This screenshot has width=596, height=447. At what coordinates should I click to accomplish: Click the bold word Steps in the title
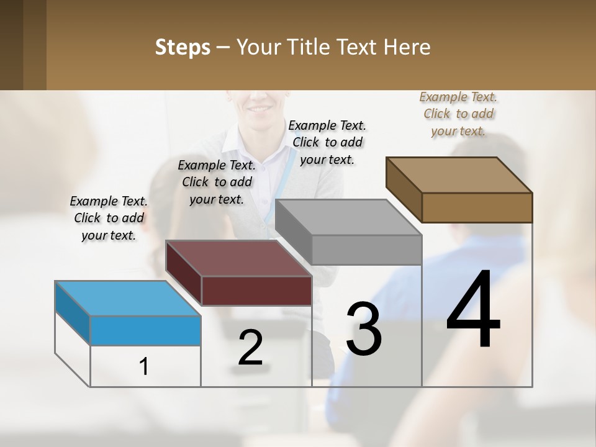(x=182, y=47)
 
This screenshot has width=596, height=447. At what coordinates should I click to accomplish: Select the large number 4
(x=473, y=310)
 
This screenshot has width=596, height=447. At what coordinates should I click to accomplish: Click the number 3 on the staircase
(x=364, y=328)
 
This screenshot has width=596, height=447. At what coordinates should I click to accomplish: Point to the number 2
(x=251, y=348)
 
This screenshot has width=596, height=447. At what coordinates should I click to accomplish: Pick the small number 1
(x=143, y=367)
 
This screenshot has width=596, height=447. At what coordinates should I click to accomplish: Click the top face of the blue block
(x=127, y=299)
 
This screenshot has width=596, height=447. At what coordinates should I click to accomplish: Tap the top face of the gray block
(x=348, y=217)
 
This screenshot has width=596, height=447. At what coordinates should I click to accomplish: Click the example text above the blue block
(x=109, y=218)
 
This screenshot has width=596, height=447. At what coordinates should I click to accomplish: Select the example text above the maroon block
(x=217, y=182)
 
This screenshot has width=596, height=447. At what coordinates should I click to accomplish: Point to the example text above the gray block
(x=327, y=142)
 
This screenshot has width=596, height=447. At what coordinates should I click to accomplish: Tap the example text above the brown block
(x=458, y=114)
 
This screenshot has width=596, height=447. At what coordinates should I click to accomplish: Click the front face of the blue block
(x=146, y=330)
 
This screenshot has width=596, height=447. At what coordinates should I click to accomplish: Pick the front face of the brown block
(x=477, y=207)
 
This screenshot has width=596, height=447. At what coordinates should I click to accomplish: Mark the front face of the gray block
(x=366, y=250)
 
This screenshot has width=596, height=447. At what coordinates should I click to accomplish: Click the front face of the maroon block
(x=256, y=291)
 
